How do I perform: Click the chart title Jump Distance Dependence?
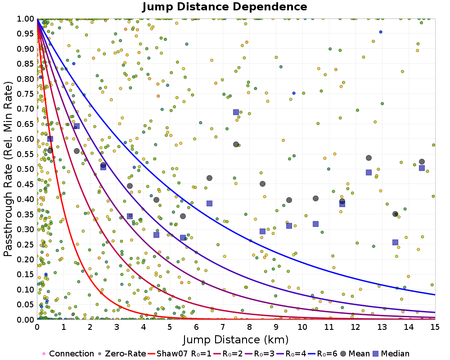click(x=225, y=7)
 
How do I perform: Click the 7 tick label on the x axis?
click(x=223, y=328)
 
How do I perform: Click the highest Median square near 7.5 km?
click(x=236, y=112)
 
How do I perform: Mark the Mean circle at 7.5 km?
click(x=236, y=144)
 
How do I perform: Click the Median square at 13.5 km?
click(x=395, y=242)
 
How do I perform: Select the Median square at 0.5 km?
click(x=50, y=139)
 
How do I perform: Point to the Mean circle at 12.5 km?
click(x=369, y=158)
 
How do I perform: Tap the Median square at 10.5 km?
click(x=315, y=224)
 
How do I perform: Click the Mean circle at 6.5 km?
click(x=209, y=178)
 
